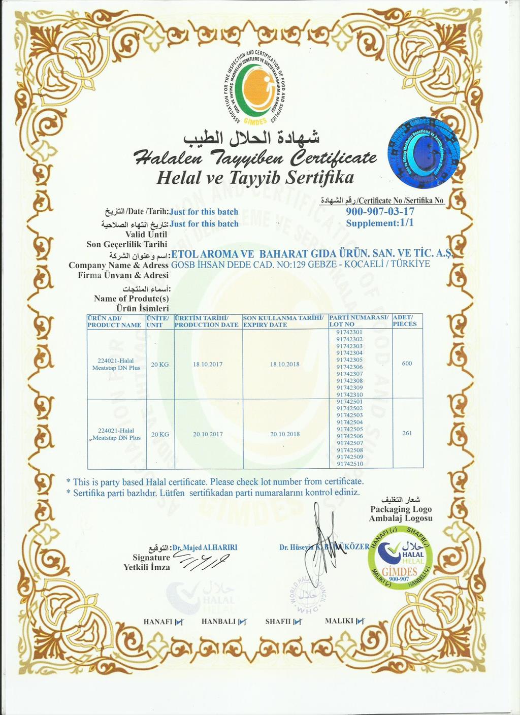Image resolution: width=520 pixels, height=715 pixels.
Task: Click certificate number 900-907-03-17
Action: pyautogui.click(x=380, y=211)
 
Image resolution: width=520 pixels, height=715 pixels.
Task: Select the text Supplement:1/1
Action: pyautogui.click(x=380, y=223)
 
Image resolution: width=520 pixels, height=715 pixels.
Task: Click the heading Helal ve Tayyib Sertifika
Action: pyautogui.click(x=255, y=178)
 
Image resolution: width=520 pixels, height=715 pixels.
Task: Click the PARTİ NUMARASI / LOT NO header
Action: pyautogui.click(x=359, y=320)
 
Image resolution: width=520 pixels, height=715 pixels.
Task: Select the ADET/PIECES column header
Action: pyautogui.click(x=405, y=320)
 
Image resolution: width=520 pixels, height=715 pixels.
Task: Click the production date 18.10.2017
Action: pyautogui.click(x=208, y=364)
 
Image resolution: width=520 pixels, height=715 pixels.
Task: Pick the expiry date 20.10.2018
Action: pyautogui.click(x=285, y=434)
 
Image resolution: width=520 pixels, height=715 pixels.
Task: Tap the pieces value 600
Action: pyautogui.click(x=407, y=363)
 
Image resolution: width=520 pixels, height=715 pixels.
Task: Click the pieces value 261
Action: pyautogui.click(x=407, y=433)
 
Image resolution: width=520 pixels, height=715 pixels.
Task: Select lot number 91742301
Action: pyautogui.click(x=349, y=332)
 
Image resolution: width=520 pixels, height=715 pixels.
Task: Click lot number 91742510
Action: pyautogui.click(x=349, y=464)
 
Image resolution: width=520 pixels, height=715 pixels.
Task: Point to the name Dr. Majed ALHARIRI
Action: pyautogui.click(x=205, y=547)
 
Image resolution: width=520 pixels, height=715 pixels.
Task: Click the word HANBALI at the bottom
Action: pyautogui.click(x=218, y=621)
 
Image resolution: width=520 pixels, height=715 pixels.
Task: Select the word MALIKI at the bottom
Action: pyautogui.click(x=339, y=621)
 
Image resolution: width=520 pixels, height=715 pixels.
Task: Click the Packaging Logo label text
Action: pyautogui.click(x=401, y=509)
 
